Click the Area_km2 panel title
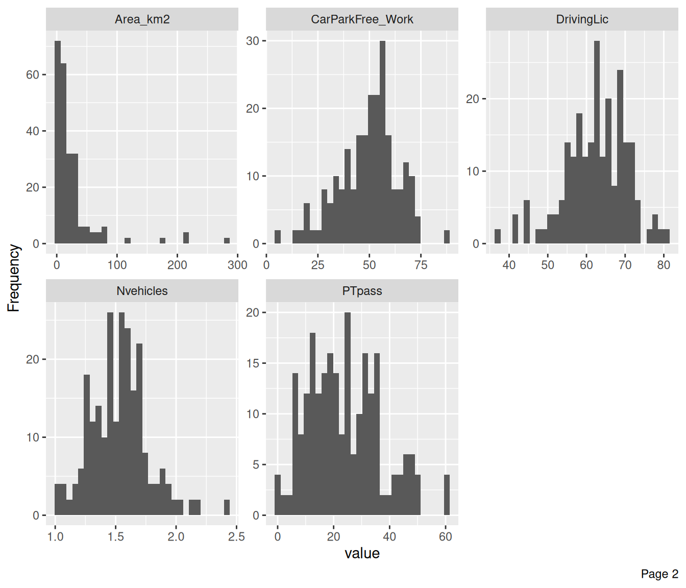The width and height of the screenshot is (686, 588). [x=142, y=19]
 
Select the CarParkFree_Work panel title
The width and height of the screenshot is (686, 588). [x=362, y=19]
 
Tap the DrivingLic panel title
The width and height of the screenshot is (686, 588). [x=582, y=19]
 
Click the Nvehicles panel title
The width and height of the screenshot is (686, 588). [x=142, y=291]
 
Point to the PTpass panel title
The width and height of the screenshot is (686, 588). [x=362, y=291]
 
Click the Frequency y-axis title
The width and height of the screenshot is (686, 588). [x=14, y=278]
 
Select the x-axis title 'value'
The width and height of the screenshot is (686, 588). [x=362, y=554]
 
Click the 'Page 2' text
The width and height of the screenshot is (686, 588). [x=659, y=574]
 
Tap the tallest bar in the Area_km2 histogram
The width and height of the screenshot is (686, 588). [x=58, y=143]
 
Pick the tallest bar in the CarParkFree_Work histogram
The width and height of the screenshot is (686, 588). [x=382, y=143]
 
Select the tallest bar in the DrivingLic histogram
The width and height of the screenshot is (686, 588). [x=597, y=143]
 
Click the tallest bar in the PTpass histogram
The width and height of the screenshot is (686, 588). [x=348, y=413]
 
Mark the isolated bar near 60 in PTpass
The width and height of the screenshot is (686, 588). [x=447, y=495]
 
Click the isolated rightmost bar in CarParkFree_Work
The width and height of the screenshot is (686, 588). [x=447, y=237]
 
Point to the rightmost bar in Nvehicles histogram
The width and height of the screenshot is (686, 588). [x=227, y=507]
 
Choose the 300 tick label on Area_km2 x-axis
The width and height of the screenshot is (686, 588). [x=237, y=265]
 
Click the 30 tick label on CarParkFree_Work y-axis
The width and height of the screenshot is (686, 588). [x=253, y=41]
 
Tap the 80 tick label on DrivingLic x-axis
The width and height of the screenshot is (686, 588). [x=664, y=265]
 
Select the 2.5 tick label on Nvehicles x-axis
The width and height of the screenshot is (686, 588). [x=236, y=537]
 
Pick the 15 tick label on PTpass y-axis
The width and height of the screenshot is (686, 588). [x=253, y=363]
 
